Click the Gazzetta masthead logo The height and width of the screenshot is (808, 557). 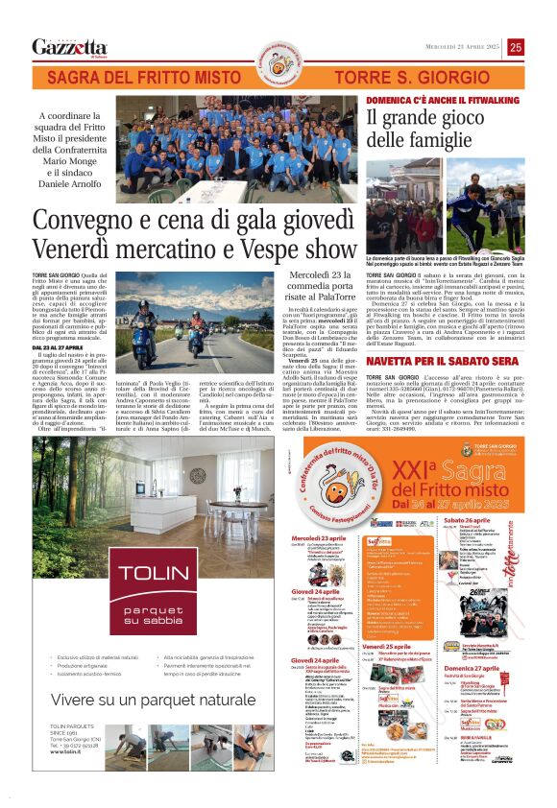[x=69, y=47]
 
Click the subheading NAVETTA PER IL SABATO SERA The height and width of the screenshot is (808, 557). [x=433, y=361]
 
